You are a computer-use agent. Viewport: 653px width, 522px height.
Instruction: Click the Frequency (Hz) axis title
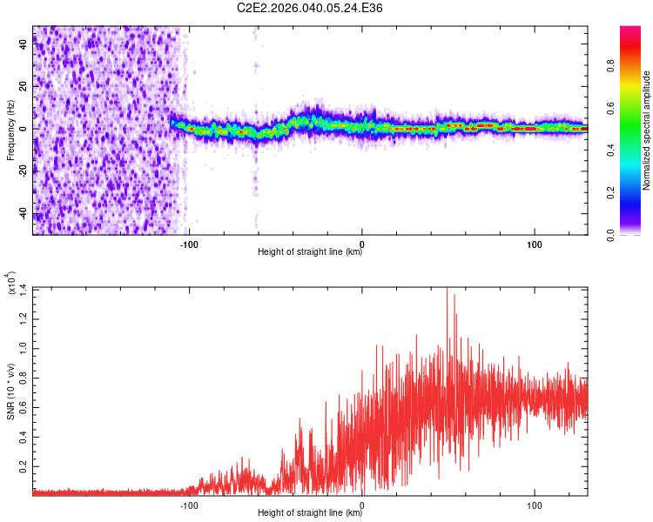pos(10,130)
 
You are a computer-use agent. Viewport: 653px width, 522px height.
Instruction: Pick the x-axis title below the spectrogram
pos(310,252)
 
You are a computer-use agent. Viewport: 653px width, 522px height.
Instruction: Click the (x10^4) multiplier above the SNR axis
pos(10,283)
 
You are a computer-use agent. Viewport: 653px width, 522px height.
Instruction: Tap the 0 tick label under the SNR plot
pos(362,504)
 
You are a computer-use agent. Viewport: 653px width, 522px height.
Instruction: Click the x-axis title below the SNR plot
pos(310,513)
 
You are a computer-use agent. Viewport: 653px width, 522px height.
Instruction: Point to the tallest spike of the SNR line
pos(447,291)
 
